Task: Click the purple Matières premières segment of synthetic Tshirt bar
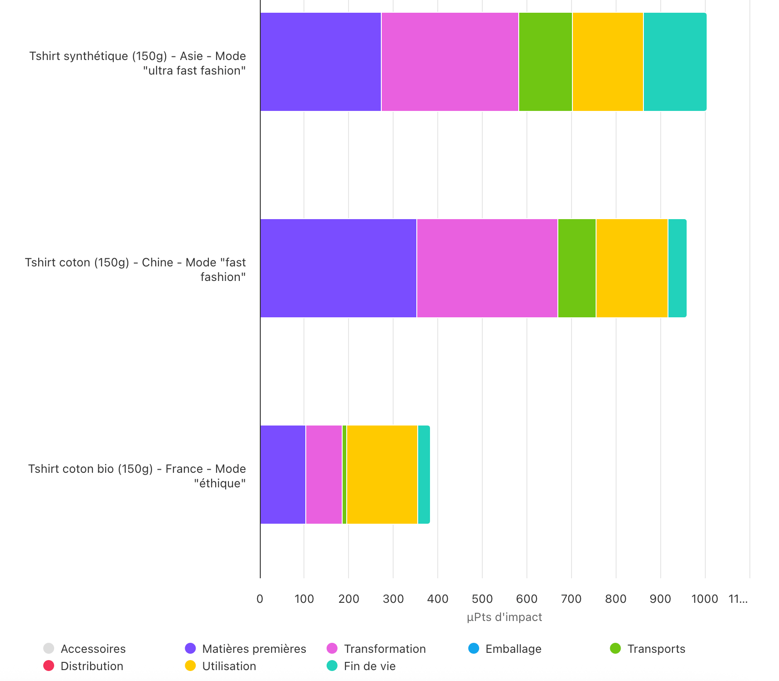point(320,62)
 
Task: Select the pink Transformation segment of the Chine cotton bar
point(487,268)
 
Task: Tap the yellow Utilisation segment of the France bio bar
point(382,475)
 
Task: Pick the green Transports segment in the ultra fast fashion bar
point(545,62)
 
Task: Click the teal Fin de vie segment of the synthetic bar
point(675,62)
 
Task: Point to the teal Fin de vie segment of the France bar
point(424,475)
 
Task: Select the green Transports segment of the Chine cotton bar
point(577,268)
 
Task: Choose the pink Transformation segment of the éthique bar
point(324,475)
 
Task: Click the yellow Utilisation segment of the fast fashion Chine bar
point(632,268)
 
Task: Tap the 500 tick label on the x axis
point(482,599)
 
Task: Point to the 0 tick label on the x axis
point(260,599)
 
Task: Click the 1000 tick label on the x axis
point(704,599)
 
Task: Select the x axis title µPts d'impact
point(504,617)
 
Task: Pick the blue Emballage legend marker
point(474,648)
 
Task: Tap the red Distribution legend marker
point(49,666)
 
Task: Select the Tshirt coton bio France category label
point(137,476)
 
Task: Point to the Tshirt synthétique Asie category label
point(137,63)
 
